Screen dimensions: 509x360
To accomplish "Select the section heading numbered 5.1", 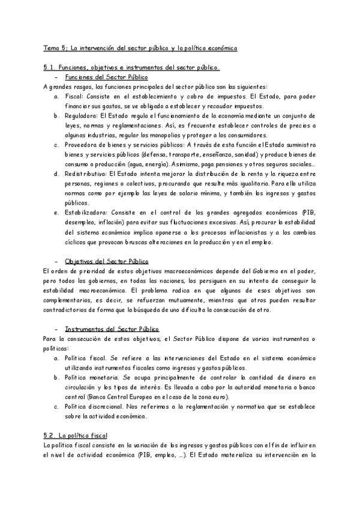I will click(132, 67).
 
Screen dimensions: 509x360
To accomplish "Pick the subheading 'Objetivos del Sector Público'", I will click(106, 261).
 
